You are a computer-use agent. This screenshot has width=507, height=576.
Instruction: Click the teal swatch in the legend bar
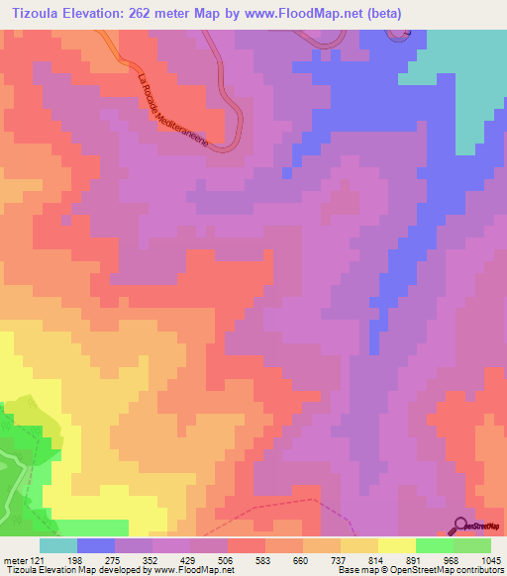tap(58, 545)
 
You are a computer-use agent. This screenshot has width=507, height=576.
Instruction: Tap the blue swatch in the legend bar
tap(96, 545)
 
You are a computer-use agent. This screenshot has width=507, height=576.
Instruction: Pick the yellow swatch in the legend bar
tap(397, 545)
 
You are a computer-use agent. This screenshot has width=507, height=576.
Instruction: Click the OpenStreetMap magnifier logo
tap(461, 525)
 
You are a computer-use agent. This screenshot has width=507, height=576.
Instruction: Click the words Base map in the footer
tap(354, 571)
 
